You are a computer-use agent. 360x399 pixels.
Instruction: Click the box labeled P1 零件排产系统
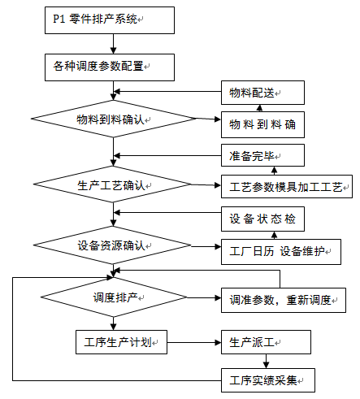tap(109, 20)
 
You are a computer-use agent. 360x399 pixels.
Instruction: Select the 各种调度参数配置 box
tap(109, 67)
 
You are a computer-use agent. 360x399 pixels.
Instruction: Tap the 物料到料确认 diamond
tap(113, 120)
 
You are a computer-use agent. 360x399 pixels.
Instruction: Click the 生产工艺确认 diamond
tap(113, 185)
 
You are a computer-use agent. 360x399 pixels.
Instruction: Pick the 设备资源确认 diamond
tap(113, 245)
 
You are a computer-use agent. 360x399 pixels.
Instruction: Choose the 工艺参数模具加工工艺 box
tap(286, 186)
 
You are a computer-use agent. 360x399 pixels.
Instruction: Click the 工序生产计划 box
tap(120, 341)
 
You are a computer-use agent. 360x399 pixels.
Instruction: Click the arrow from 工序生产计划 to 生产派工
tap(194, 342)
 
